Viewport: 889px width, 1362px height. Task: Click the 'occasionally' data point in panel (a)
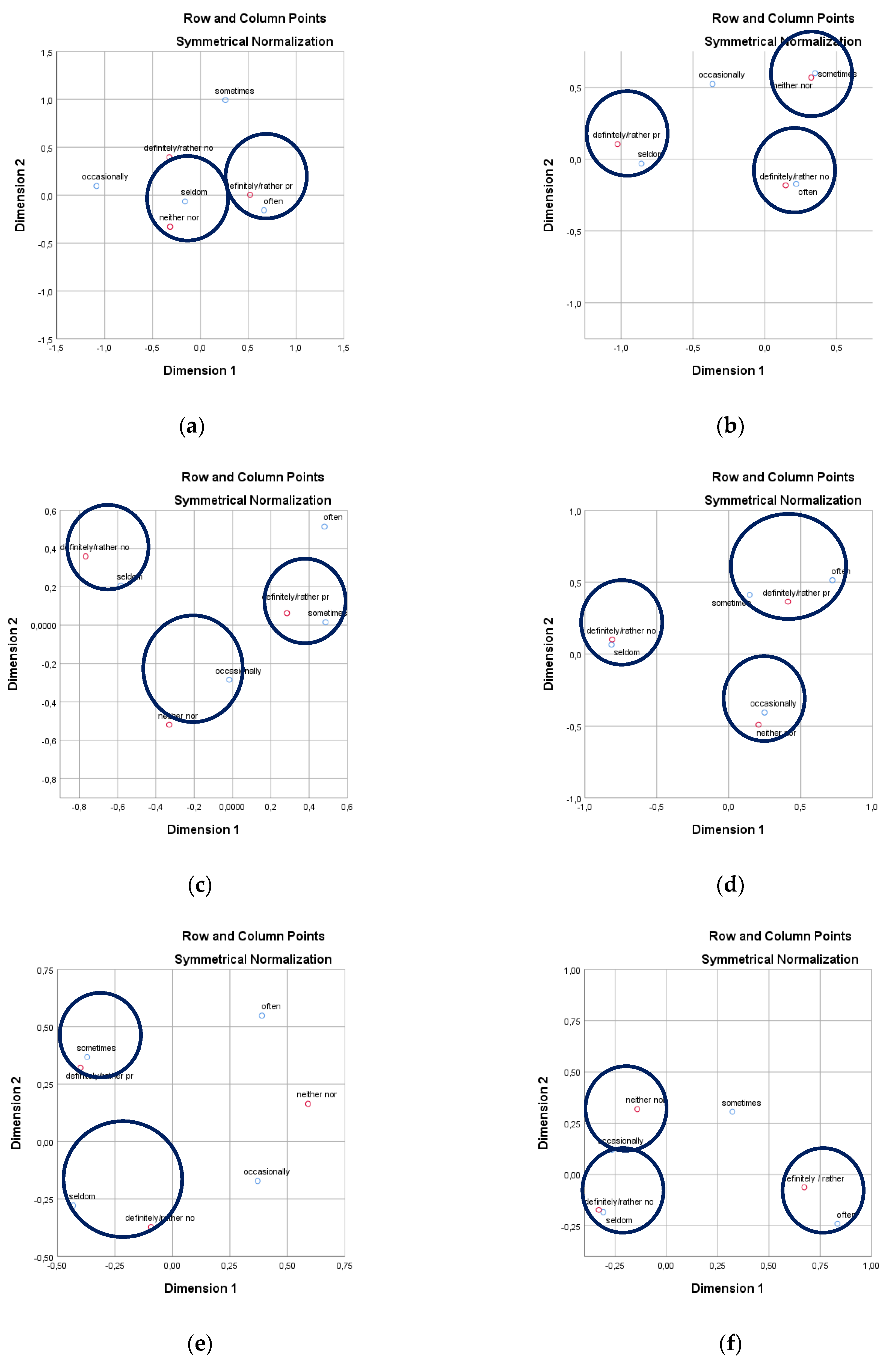click(x=97, y=186)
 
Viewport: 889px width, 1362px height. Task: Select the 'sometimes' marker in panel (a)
click(x=226, y=100)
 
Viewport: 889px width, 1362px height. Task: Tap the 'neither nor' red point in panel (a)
click(x=170, y=227)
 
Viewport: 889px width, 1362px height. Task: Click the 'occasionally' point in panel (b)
click(x=712, y=84)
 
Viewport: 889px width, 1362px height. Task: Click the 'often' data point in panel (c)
click(x=324, y=526)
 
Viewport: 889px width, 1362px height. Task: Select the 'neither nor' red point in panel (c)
click(x=169, y=724)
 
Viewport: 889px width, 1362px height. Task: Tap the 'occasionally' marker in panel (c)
click(x=229, y=680)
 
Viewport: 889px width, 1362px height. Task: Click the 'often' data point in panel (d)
click(x=832, y=580)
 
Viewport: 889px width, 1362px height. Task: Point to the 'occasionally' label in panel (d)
click(x=773, y=703)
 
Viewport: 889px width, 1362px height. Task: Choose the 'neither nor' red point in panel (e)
click(x=308, y=1104)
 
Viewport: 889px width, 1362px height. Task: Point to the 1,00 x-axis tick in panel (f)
click(x=871, y=1266)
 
